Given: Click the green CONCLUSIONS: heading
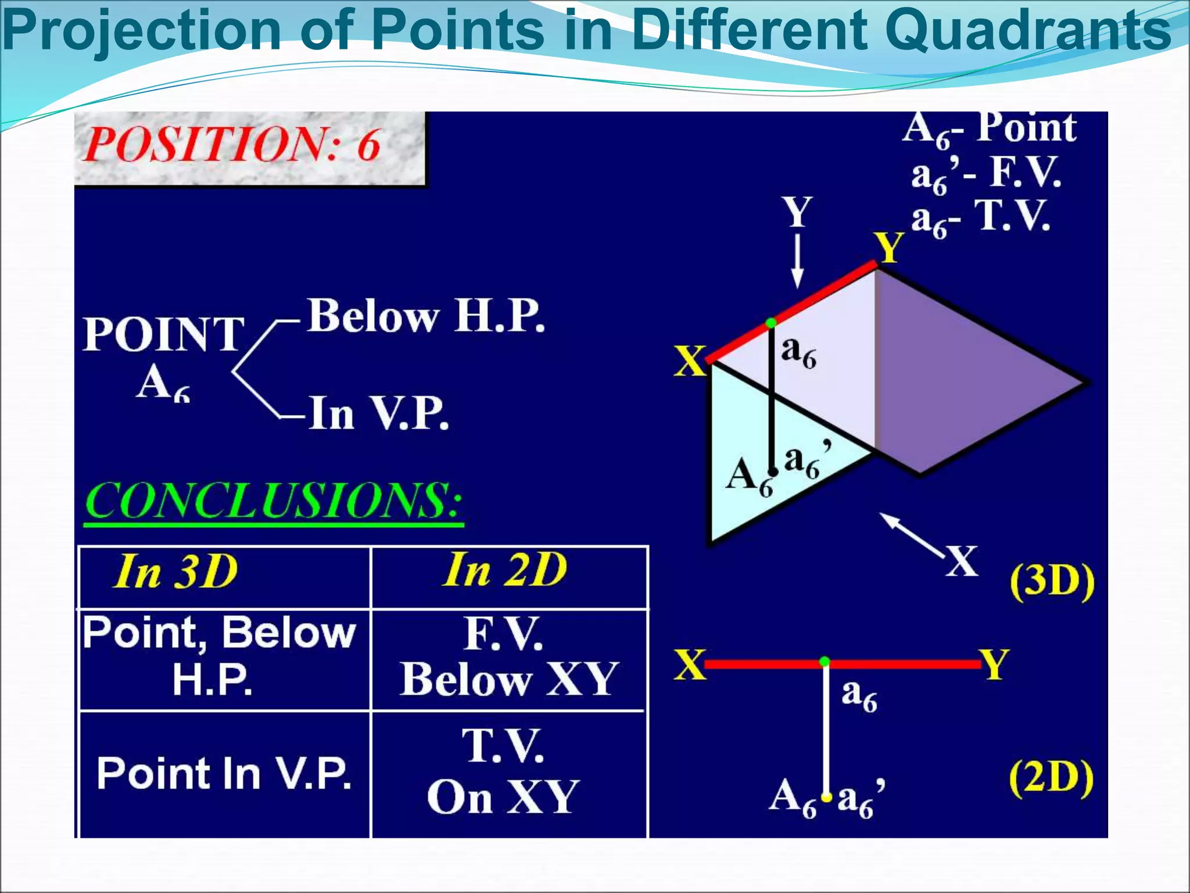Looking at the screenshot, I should coord(274,501).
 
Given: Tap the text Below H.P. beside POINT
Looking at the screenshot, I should coord(426,317).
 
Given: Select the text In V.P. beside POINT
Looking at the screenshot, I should coord(378,413).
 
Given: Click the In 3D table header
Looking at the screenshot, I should coord(176,572).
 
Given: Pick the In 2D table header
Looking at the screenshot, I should coord(505,570).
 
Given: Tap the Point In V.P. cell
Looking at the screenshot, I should coord(224,774).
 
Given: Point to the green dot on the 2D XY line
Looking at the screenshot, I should coord(825,662).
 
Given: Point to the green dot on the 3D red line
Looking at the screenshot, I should coord(770,323).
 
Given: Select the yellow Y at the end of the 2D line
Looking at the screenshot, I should coord(994,664).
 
